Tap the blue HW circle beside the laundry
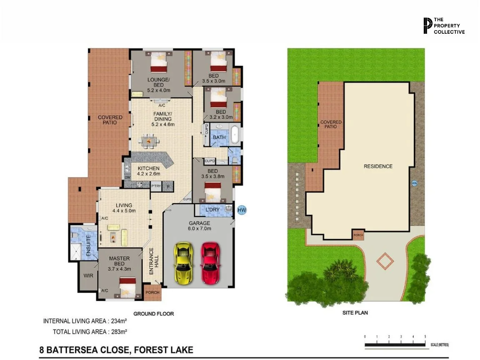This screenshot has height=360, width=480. (x=242, y=210)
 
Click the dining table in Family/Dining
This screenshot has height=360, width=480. (x=149, y=142)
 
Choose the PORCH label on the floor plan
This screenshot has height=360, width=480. (x=152, y=292)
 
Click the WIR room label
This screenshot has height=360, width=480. (x=88, y=275)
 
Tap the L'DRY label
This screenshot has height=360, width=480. (x=213, y=209)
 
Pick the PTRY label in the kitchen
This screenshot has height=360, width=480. (x=156, y=186)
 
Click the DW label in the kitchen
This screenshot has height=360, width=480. (x=127, y=177)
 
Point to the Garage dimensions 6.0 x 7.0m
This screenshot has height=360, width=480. (x=200, y=228)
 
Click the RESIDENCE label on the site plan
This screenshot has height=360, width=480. (x=378, y=166)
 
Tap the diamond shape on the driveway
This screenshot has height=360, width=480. (x=385, y=261)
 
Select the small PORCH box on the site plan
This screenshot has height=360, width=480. (x=358, y=235)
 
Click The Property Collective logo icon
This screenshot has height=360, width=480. (x=427, y=26)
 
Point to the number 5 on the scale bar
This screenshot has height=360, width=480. (x=425, y=336)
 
